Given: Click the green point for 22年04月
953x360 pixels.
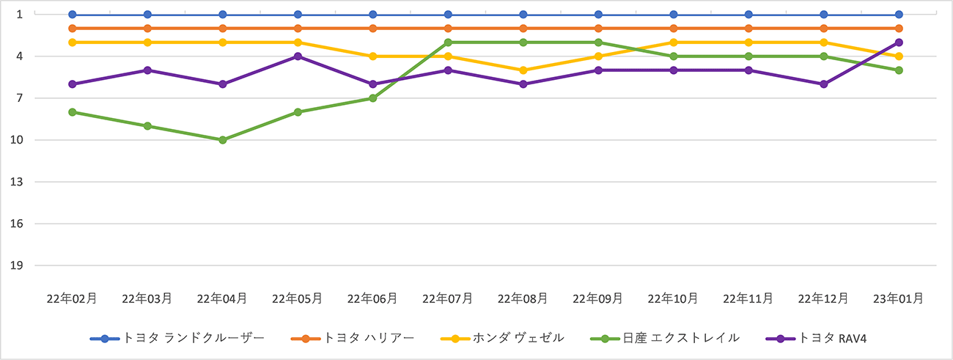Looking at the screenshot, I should click(x=222, y=140).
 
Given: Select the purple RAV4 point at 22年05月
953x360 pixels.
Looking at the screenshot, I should click(x=298, y=56).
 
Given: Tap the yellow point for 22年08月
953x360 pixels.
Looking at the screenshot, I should click(x=523, y=70).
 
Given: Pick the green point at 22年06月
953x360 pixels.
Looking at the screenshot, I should click(x=372, y=98).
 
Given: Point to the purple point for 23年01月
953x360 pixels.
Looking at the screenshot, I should click(x=899, y=43).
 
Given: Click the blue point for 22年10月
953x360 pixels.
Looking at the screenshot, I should click(x=673, y=15).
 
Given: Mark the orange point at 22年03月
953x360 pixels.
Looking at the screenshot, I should click(x=147, y=29).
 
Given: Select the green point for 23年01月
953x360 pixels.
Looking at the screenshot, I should click(x=899, y=70).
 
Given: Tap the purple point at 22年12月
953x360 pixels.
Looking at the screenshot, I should click(x=824, y=84).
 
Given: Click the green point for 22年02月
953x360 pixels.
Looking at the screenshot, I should click(x=72, y=112).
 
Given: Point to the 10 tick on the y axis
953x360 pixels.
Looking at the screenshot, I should click(x=19, y=140).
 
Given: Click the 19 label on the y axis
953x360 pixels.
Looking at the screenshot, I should click(x=19, y=265).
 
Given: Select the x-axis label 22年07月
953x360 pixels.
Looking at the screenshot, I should click(x=448, y=298).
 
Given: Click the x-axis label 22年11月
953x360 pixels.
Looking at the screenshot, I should click(x=748, y=298).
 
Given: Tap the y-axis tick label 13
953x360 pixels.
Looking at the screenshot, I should click(x=19, y=182).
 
